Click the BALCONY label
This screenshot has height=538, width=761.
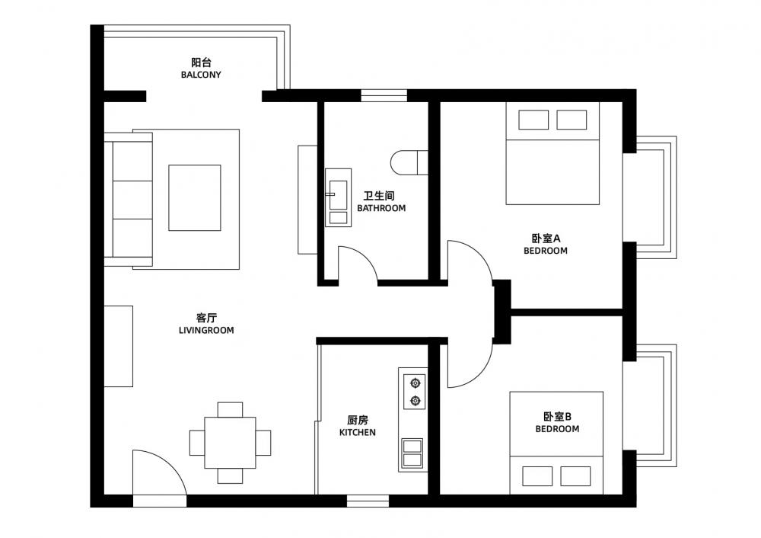pyautogui.click(x=201, y=75)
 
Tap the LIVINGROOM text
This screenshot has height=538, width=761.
pyautogui.click(x=206, y=331)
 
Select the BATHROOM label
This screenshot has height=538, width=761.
pyautogui.click(x=381, y=209)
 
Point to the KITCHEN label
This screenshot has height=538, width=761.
pyautogui.click(x=357, y=433)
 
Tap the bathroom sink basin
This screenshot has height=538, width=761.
pyautogui.click(x=339, y=198)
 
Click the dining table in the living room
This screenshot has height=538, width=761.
pyautogui.click(x=230, y=442)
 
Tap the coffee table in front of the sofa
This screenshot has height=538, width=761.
pyautogui.click(x=195, y=198)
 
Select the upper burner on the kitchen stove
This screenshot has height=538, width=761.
pyautogui.click(x=415, y=383)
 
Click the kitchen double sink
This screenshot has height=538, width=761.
pyautogui.click(x=412, y=453)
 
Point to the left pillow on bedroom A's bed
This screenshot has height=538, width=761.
pyautogui.click(x=533, y=120)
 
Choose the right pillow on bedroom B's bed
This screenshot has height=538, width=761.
pyautogui.click(x=575, y=476)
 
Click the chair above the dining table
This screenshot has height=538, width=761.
pyautogui.click(x=230, y=410)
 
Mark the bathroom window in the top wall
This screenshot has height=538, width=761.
pyautogui.click(x=384, y=96)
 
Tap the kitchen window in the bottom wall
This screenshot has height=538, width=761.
pyautogui.click(x=368, y=501)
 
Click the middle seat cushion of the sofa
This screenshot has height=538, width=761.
pyautogui.click(x=132, y=200)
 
